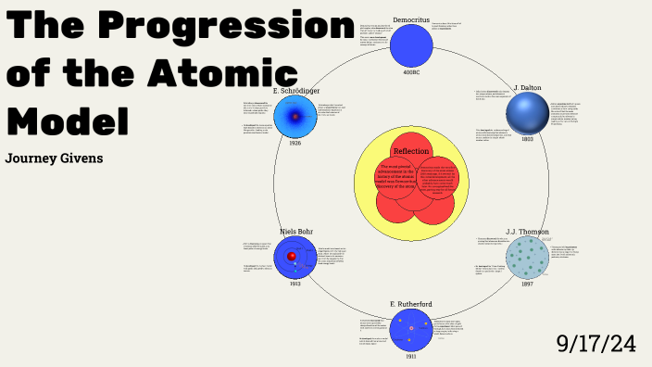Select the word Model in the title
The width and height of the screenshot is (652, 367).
click(67, 120)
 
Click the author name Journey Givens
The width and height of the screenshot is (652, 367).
click(54, 158)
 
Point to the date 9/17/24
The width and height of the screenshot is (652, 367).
click(596, 343)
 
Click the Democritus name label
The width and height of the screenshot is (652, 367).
click(410, 18)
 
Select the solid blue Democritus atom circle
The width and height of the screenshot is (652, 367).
click(411, 45)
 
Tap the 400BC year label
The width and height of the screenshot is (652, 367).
click(411, 71)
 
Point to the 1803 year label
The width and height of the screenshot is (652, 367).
click(527, 139)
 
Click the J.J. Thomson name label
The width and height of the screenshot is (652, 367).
click(527, 232)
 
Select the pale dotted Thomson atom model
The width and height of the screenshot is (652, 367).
click(527, 257)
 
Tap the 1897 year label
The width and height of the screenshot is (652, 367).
click(527, 284)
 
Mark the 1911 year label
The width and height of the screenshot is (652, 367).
click(410, 356)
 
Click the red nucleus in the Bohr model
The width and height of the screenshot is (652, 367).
click(292, 257)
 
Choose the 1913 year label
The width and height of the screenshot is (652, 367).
click(295, 284)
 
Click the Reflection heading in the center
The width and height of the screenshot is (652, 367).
click(411, 151)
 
